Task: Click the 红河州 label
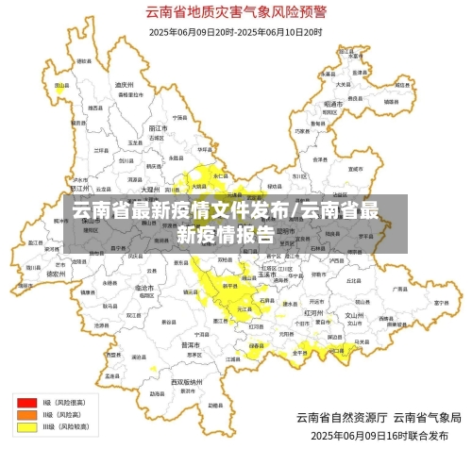(314, 310)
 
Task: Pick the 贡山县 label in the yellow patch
(59, 85)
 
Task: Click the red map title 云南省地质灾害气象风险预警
(235, 12)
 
